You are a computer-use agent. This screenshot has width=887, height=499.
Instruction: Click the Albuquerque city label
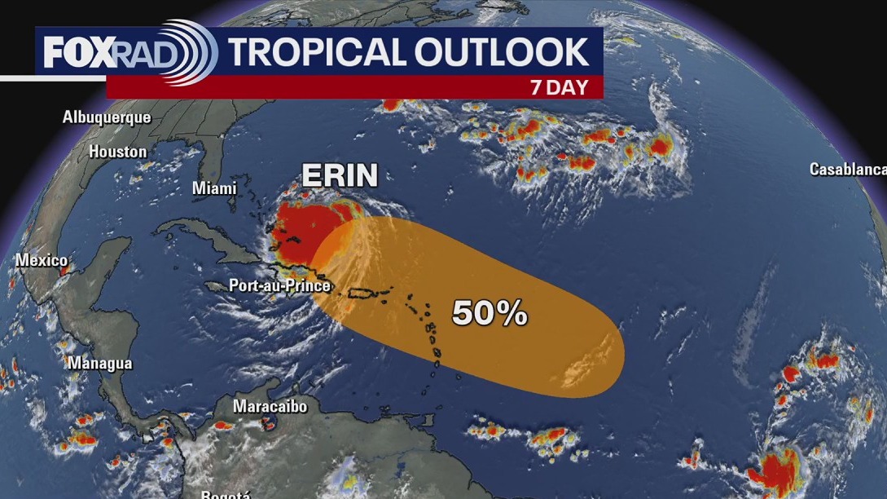point(107,117)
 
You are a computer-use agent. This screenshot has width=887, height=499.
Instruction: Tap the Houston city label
point(118,152)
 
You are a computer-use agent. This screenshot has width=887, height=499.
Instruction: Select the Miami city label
point(214,188)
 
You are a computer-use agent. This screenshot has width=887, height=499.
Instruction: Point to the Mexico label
point(41,261)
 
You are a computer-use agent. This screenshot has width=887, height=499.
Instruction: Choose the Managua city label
point(99,363)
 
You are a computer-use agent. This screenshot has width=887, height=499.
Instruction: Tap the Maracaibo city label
point(270,406)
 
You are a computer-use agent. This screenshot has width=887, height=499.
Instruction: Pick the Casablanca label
point(847,170)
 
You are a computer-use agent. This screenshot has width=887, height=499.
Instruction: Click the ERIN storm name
point(340,175)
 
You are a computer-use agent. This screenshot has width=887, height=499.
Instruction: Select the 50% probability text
point(490,313)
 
